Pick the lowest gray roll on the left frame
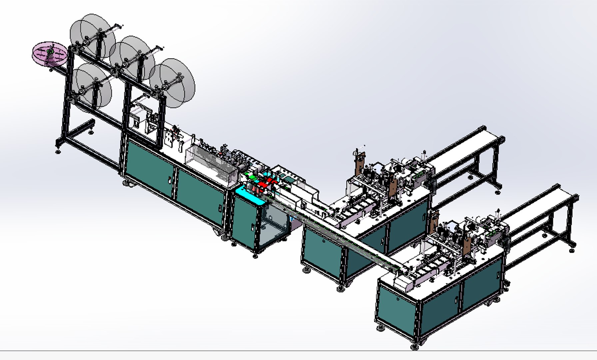91,85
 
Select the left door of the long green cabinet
150,168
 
